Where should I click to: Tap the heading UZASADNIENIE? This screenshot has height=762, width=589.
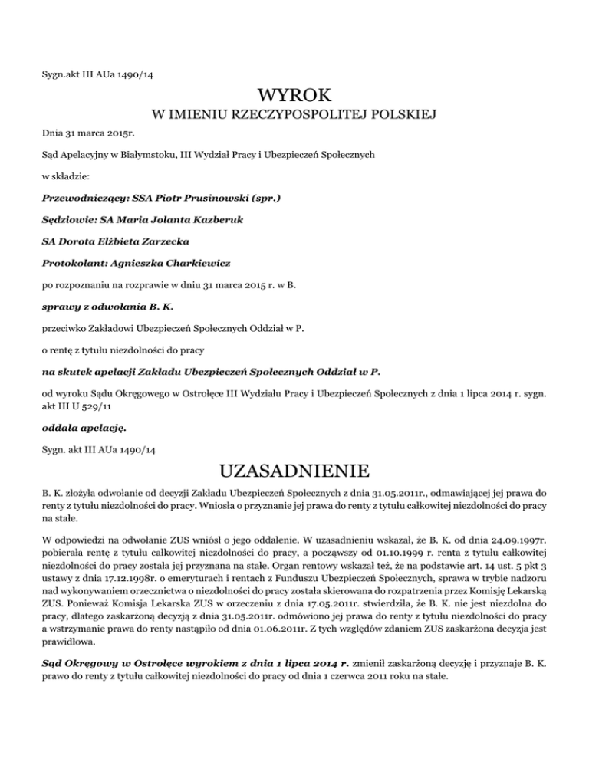click(x=294, y=467)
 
